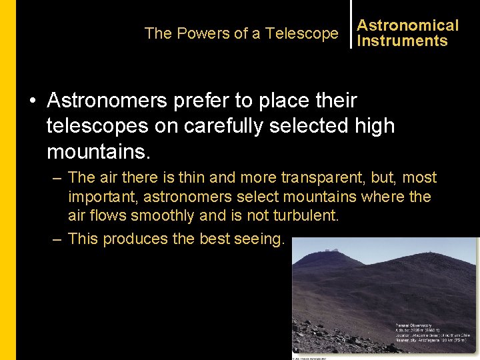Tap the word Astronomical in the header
coord(407,25)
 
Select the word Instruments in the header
coord(402,41)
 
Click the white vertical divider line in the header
coord(351,24)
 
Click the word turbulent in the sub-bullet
coord(306,216)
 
